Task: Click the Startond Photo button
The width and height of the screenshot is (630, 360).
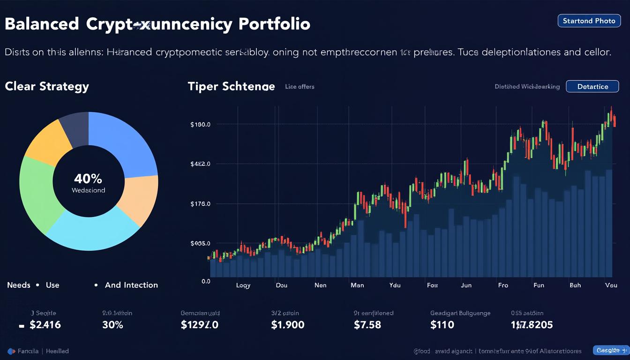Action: point(588,21)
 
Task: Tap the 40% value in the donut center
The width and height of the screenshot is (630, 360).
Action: point(88,179)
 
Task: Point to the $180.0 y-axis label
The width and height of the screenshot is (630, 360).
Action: point(200,125)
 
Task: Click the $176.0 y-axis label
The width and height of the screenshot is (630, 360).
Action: point(200,204)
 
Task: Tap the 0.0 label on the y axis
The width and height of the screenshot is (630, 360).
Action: point(206,281)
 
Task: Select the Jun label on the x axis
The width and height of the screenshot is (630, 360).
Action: point(466,285)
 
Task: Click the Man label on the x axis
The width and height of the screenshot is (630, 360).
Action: point(357,285)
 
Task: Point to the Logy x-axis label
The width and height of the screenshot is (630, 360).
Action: point(243,285)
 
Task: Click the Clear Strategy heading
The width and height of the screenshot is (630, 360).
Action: point(47,86)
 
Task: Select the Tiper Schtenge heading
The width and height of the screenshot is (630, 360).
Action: point(231,86)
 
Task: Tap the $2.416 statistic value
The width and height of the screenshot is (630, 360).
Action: point(45,325)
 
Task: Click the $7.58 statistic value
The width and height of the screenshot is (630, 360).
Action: point(367,325)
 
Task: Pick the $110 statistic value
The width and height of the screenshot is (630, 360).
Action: point(442,325)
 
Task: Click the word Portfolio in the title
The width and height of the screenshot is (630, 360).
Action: point(274,24)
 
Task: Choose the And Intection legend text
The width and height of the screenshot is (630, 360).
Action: point(131,285)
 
